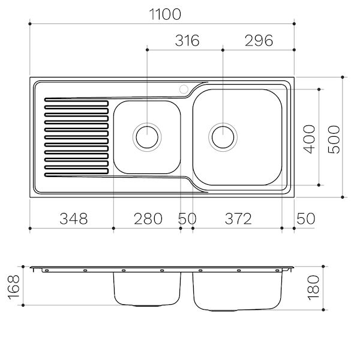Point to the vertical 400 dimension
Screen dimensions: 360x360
pyautogui.click(x=309, y=139)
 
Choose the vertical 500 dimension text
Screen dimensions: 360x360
pyautogui.click(x=334, y=139)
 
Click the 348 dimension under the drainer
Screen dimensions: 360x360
pyautogui.click(x=72, y=218)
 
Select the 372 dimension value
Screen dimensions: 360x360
pyautogui.click(x=237, y=218)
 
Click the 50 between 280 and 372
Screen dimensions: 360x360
pyautogui.click(x=187, y=218)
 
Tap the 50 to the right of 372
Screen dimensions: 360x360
pyautogui.click(x=305, y=218)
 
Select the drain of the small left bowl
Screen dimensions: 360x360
pyautogui.click(x=146, y=137)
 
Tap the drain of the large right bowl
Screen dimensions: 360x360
pyautogui.click(x=223, y=137)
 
